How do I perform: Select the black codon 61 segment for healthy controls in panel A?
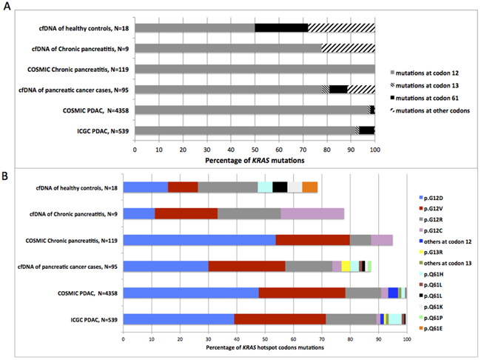tap(281, 28)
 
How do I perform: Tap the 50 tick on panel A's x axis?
tap(255, 147)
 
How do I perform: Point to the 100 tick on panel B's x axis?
tap(406, 339)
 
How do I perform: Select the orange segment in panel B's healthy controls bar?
tap(310, 187)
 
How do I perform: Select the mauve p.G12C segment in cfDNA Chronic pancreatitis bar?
tap(312, 213)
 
